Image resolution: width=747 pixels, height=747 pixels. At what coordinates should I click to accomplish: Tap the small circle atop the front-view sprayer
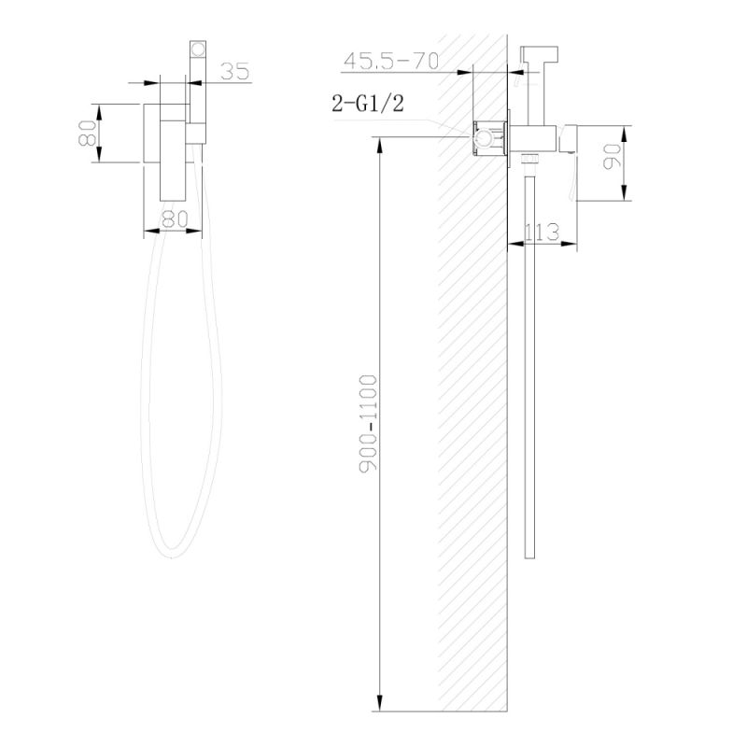[x=197, y=49]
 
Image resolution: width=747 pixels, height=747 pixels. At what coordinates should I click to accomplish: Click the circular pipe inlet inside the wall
[x=483, y=141]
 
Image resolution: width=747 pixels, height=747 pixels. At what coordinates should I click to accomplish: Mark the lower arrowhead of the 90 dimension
[x=625, y=195]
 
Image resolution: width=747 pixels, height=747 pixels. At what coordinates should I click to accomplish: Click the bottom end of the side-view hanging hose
[x=530, y=557]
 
